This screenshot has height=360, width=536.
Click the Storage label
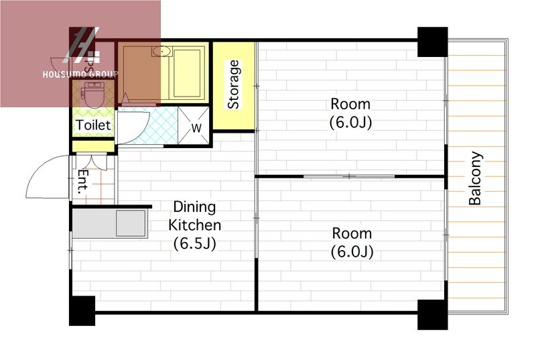pos(233,84)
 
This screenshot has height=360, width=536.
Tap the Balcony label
pos(475,178)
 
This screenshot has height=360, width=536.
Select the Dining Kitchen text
pos(195,216)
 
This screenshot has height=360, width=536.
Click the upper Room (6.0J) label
pos(350,113)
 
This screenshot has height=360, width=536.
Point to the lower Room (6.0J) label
pos(352,243)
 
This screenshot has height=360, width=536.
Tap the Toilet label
pos(93,125)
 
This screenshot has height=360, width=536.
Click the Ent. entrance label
pos(83,182)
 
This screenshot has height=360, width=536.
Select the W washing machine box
pos(194,126)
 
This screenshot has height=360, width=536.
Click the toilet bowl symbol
pos(92,95)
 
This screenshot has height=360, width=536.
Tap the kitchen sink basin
pos(131,224)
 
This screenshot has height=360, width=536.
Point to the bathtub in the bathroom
pos(187,74)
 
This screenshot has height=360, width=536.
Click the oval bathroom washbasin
pos(161,52)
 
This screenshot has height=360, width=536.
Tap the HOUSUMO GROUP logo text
pos(80,74)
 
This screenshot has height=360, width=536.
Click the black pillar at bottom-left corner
pos(82,310)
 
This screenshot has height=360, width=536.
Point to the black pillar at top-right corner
pos(432,42)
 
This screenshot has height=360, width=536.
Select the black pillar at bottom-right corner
pos(432,314)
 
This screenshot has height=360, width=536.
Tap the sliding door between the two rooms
pos(349,176)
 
